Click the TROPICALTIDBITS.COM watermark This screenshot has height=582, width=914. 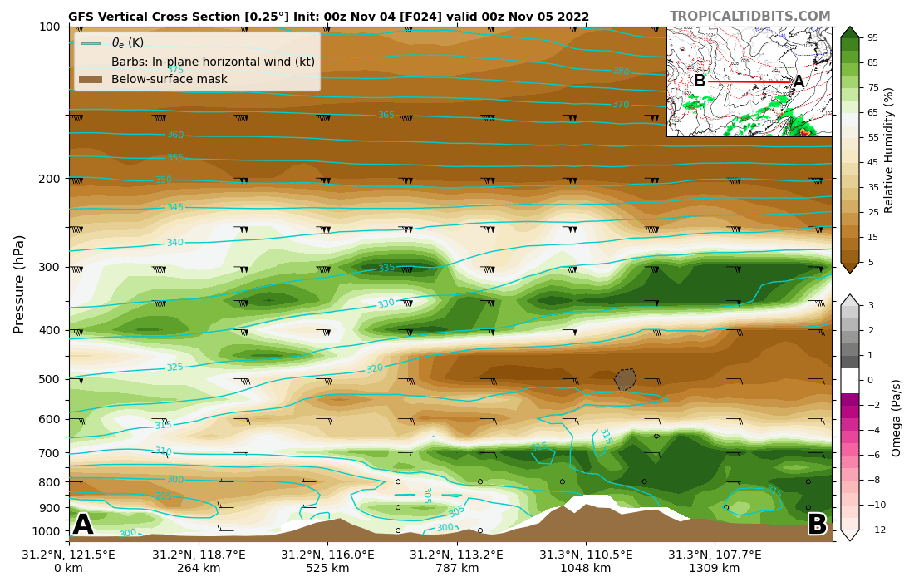click(x=749, y=17)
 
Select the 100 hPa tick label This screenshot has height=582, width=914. click(x=50, y=27)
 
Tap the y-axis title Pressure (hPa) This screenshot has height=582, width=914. click(x=19, y=284)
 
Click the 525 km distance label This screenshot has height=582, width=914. click(x=327, y=569)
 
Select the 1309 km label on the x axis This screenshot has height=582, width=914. click(x=714, y=569)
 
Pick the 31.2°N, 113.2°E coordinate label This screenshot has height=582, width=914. click(x=457, y=555)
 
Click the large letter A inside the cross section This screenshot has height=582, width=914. click(x=83, y=525)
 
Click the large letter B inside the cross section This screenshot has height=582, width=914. click(x=817, y=525)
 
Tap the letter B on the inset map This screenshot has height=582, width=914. click(x=700, y=81)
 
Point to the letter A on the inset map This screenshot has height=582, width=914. click(x=799, y=81)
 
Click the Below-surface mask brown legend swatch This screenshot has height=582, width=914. click(x=91, y=80)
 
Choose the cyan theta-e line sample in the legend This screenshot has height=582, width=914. click(x=91, y=43)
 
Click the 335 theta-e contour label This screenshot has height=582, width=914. click(x=386, y=268)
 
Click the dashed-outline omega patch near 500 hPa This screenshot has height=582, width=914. click(x=625, y=380)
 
